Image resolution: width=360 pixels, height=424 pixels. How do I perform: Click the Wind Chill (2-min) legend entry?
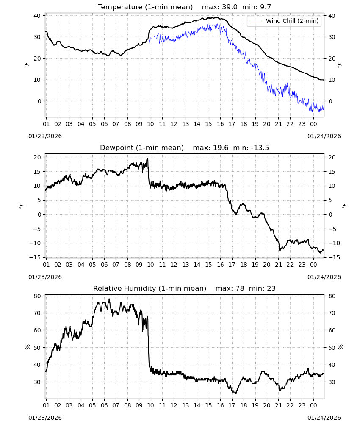284,21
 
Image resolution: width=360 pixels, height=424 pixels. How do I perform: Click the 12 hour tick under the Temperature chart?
174,124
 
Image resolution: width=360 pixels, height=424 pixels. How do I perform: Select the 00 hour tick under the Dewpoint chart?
313,265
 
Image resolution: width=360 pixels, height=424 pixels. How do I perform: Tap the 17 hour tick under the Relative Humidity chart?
232,405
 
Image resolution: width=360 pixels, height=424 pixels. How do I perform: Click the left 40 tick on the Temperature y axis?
37,16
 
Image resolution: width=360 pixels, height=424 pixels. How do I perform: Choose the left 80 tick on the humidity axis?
37,296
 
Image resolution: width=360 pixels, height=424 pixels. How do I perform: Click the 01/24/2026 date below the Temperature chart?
324,136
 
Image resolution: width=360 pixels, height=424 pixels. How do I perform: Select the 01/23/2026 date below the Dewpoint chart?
45,277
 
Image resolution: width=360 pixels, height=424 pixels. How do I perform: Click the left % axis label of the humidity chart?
27,347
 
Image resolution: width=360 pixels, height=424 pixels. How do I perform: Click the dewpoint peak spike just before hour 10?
147,159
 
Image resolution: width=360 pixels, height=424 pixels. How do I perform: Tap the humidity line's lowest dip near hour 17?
236,393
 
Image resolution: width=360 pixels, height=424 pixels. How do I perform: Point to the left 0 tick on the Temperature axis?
39,101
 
